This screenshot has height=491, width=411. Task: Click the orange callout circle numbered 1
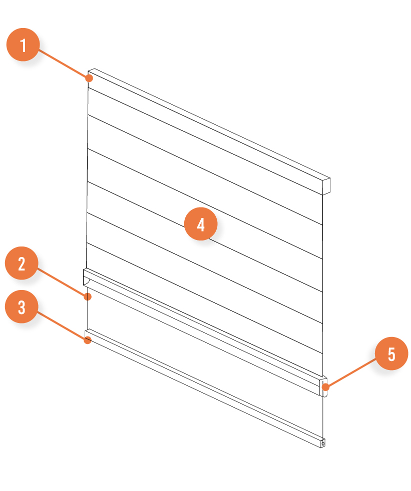23,45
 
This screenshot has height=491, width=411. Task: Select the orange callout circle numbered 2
22,263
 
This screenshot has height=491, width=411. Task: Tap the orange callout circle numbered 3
22,306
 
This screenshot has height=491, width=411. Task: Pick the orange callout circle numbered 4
201,224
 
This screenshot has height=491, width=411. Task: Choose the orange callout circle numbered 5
391,353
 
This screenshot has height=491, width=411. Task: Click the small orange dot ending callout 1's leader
89,78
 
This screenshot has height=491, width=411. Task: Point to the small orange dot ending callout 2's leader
88,296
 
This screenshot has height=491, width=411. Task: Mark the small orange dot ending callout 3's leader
88,340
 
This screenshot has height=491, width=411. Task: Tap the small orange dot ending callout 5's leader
326,387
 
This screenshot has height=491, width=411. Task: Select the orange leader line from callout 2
62,282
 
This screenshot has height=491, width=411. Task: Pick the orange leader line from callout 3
62,325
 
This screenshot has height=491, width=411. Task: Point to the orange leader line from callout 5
351,373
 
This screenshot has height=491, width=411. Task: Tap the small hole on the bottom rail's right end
323,443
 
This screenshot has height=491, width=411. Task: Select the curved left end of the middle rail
87,277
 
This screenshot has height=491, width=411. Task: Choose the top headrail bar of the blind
209,131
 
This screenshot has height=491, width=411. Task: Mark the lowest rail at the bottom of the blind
205,388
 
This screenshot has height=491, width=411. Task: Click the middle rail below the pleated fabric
205,332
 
